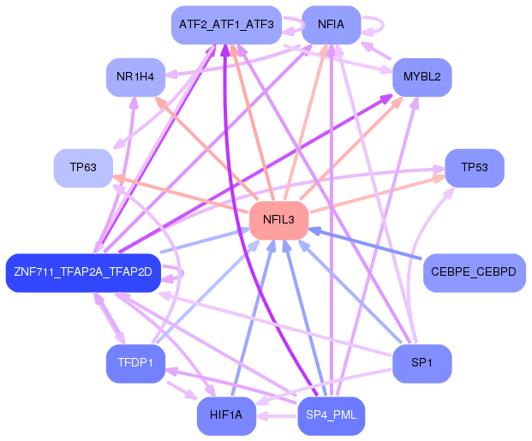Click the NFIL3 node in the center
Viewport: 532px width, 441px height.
pyautogui.click(x=279, y=220)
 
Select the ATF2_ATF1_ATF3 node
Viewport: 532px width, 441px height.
pyautogui.click(x=226, y=25)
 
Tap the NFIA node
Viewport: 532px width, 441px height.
pyautogui.click(x=332, y=25)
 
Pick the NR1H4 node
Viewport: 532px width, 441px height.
pyautogui.click(x=135, y=77)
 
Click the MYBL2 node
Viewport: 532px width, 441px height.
pyautogui.click(x=422, y=77)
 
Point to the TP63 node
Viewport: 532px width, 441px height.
pyautogui.click(x=83, y=168)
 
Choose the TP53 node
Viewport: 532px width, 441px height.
pyautogui.click(x=475, y=168)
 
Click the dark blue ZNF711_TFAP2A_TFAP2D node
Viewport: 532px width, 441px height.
pyautogui.click(x=83, y=272)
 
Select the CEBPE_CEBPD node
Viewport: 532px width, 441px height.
pyautogui.click(x=475, y=272)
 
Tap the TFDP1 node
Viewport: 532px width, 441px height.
pyautogui.click(x=135, y=363)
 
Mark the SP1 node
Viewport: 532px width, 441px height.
pyautogui.click(x=422, y=363)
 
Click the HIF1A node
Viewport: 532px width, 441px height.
pyautogui.click(x=226, y=415)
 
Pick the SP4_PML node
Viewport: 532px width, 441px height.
pyautogui.click(x=332, y=415)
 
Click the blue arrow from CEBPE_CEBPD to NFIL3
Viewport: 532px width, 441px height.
pyautogui.click(x=366, y=244)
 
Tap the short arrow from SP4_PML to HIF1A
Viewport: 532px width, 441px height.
pyautogui.click(x=277, y=416)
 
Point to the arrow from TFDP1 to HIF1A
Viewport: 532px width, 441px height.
pyautogui.click(x=182, y=390)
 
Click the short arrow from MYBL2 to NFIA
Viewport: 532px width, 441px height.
pyautogui.click(x=376, y=51)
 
